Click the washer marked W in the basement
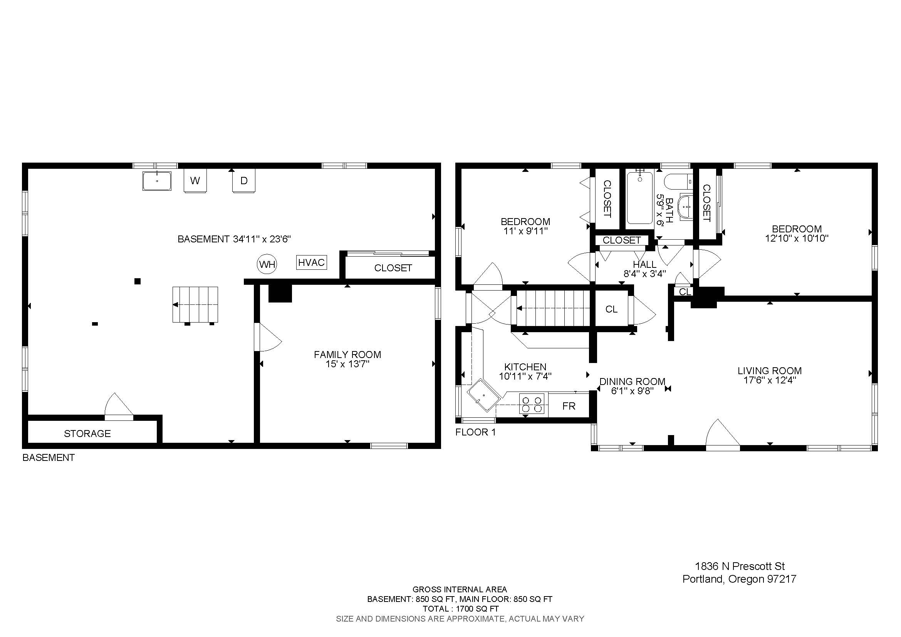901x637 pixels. (x=195, y=181)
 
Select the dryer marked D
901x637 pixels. (x=244, y=181)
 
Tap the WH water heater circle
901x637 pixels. (x=267, y=264)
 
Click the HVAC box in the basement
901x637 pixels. (x=312, y=262)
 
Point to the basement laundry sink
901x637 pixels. (x=157, y=181)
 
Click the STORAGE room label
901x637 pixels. (x=87, y=434)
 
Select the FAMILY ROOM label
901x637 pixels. (x=348, y=355)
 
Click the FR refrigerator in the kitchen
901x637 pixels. (x=569, y=406)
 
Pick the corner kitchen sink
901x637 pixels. (x=483, y=395)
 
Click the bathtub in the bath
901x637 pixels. (x=640, y=198)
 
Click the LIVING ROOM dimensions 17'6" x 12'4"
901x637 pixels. (x=770, y=380)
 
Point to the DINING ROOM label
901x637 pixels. (x=632, y=382)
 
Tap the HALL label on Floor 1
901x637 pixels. (x=645, y=264)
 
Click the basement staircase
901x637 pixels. (x=195, y=305)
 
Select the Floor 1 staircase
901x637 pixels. (x=553, y=308)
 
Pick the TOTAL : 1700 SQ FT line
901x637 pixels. (x=460, y=609)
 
